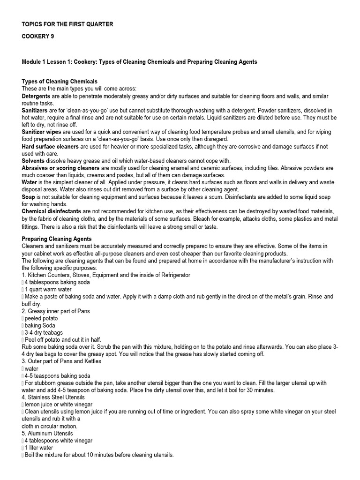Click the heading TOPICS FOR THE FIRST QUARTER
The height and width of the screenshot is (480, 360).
pyautogui.click(x=67, y=24)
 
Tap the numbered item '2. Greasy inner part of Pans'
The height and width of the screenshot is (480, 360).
pyautogui.click(x=56, y=311)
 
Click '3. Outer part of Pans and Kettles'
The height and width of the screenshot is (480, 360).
pyautogui.click(x=61, y=361)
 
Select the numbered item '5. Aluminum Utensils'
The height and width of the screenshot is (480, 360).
pyautogui.click(x=47, y=434)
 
